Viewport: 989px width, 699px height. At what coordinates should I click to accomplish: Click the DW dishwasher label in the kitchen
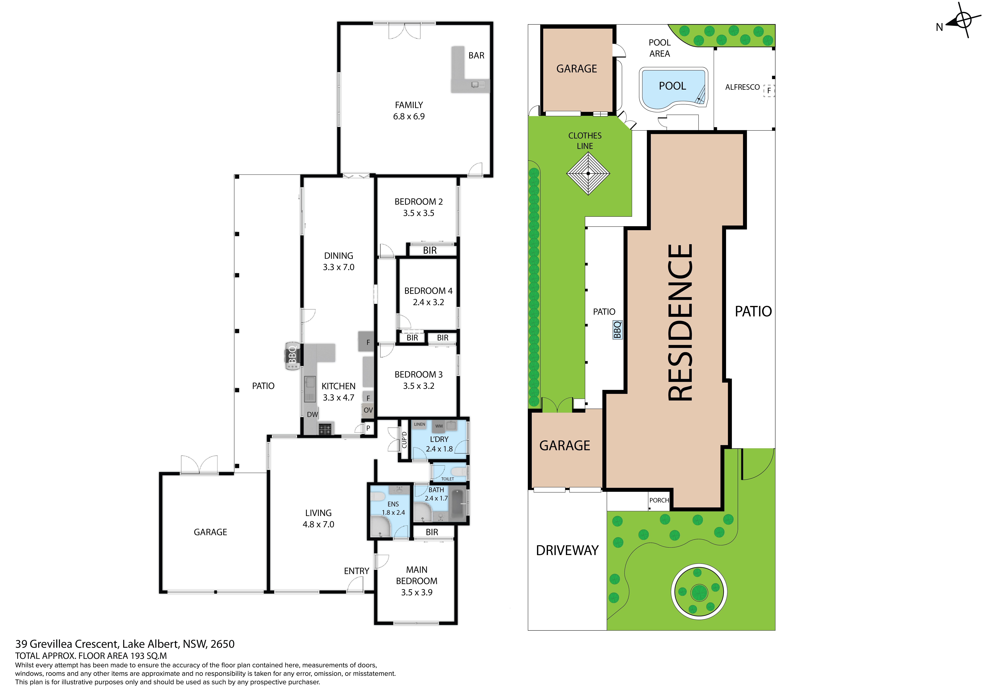[x=312, y=414]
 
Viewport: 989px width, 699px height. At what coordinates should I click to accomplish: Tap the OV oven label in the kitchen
[x=368, y=410]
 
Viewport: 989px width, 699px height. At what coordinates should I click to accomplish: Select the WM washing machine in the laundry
[x=439, y=426]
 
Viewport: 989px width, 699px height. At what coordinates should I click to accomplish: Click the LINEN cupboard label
[x=420, y=424]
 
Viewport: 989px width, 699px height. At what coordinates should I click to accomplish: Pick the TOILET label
[x=447, y=479]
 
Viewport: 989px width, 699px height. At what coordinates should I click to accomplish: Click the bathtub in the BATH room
[x=458, y=504]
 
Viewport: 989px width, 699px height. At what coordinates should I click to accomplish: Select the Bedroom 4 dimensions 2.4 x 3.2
[x=428, y=302]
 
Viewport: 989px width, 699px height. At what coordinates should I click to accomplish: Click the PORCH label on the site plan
[x=659, y=500]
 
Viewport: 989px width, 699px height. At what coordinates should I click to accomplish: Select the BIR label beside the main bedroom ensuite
[x=432, y=532]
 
